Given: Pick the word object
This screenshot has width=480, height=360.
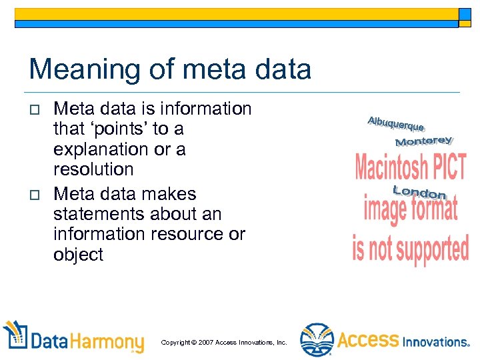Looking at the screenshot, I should [78, 255].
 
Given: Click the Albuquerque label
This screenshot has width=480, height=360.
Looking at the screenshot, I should [395, 124].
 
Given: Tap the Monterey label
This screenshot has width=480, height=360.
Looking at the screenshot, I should [423, 141].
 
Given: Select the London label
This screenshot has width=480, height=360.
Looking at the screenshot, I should [420, 193].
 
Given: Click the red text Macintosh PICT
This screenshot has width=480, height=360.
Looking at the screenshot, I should [410, 167].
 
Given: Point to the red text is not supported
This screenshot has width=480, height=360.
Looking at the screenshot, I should [411, 248].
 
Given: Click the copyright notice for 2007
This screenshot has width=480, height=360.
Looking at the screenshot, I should [224, 343].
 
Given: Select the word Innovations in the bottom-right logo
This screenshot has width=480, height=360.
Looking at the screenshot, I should [436, 342].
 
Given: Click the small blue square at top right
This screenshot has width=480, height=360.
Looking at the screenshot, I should [464, 15].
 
